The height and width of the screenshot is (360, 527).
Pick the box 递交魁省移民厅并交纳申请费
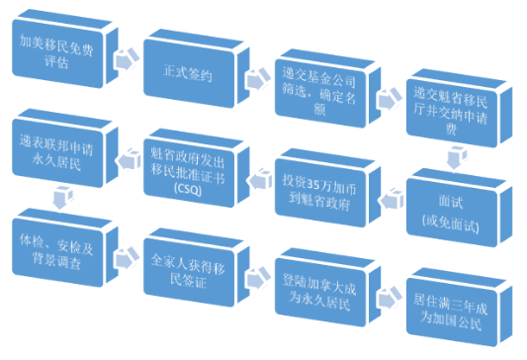pos(456,109)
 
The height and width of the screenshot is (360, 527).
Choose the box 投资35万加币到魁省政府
pos(324,186)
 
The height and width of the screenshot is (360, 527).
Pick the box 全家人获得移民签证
pos(191,265)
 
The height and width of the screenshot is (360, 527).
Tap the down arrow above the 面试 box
pos(456,155)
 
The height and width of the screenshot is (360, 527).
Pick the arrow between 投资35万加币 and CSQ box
pos(256,177)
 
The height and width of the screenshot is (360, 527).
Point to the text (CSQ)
pos(185,187)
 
